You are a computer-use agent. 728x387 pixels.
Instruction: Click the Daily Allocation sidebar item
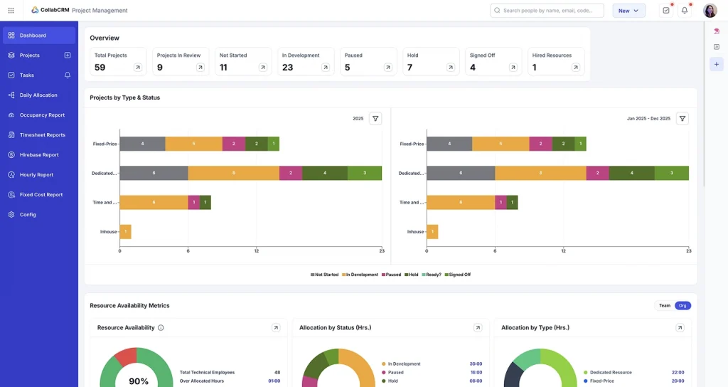pyautogui.click(x=38, y=95)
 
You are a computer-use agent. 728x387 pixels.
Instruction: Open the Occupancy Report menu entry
pyautogui.click(x=42, y=115)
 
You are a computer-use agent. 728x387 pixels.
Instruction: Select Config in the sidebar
pyautogui.click(x=28, y=214)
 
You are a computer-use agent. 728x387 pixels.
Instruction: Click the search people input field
pyautogui.click(x=547, y=11)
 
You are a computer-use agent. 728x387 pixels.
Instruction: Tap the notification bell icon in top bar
pyautogui.click(x=685, y=11)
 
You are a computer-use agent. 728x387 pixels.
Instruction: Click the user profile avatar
pyautogui.click(x=710, y=11)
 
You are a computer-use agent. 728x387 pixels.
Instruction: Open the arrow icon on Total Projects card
pyautogui.click(x=137, y=68)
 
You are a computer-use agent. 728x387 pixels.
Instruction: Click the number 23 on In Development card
pyautogui.click(x=288, y=68)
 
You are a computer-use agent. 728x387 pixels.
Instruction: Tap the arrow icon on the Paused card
pyautogui.click(x=387, y=68)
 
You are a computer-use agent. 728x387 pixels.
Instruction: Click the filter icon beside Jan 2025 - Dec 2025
pyautogui.click(x=682, y=119)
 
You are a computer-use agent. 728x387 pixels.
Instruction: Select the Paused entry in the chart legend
pyautogui.click(x=391, y=275)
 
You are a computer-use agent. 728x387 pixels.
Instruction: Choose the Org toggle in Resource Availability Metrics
pyautogui.click(x=682, y=305)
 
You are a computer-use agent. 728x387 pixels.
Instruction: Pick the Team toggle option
pyautogui.click(x=664, y=305)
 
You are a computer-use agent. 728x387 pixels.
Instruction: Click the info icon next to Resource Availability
pyautogui.click(x=161, y=328)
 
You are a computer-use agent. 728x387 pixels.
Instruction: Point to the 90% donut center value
pyautogui.click(x=139, y=381)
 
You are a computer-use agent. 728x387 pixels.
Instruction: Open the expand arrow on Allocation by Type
pyautogui.click(x=680, y=328)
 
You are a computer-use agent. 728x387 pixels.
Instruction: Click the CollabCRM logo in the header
pyautogui.click(x=50, y=11)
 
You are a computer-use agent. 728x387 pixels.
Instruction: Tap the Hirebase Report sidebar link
pyautogui.click(x=39, y=154)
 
